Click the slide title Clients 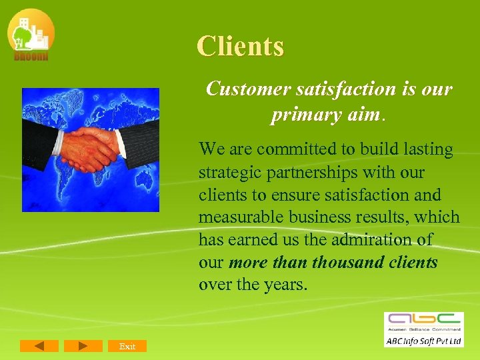pos(240,47)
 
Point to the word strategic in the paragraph pos(227,172)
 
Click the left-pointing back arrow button pos(39,346)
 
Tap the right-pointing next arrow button pos(83,346)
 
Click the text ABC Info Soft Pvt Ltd pos(423,341)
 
